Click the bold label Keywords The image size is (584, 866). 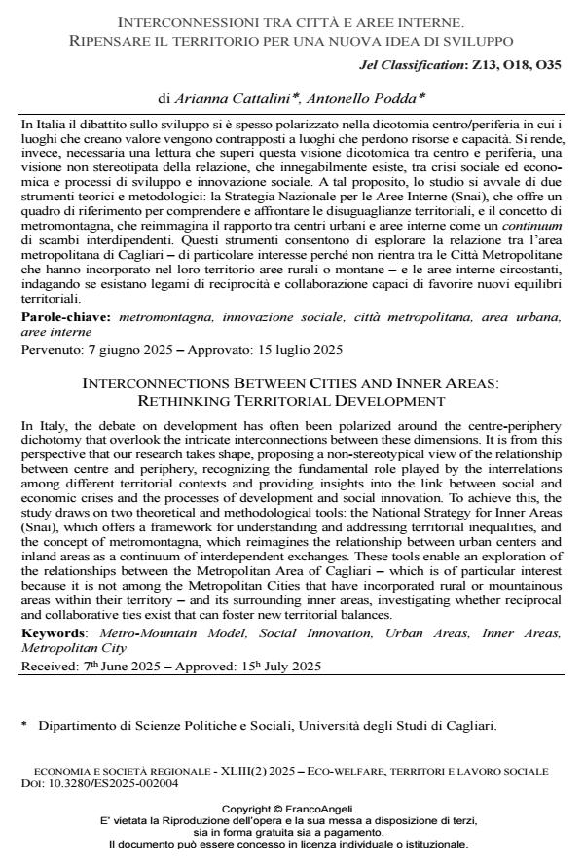coord(52,633)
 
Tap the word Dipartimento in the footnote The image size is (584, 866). coord(78,726)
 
